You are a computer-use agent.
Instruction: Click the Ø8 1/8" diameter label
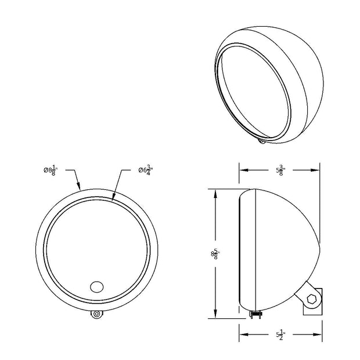coord(51,171)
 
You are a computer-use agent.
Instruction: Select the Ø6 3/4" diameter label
coord(146,171)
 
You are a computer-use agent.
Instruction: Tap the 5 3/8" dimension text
coord(280,171)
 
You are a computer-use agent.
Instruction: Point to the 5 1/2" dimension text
coord(280,335)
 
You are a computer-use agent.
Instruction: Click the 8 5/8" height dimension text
coord(215,254)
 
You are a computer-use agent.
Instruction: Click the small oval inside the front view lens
coord(97,287)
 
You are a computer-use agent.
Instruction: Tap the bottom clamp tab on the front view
coord(97,314)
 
